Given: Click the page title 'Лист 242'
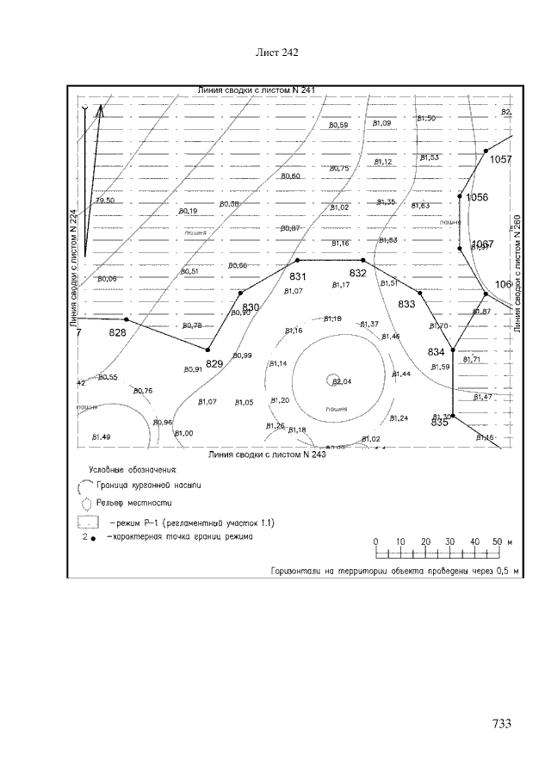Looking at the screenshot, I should click(x=277, y=53).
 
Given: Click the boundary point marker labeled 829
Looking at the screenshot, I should click(x=208, y=349).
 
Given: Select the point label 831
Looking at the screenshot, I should click(x=298, y=276).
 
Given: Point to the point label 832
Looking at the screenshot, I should click(x=358, y=273).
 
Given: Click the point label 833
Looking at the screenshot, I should click(x=406, y=304).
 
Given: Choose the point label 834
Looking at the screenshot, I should click(x=436, y=352).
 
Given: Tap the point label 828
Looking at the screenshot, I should click(x=117, y=332).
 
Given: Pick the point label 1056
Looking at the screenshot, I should click(x=477, y=198).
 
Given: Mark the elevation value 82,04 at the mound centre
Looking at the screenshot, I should click(x=342, y=381).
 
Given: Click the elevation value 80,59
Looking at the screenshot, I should click(x=338, y=126).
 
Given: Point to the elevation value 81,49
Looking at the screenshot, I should click(x=101, y=438).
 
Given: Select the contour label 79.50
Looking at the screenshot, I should click(x=104, y=201).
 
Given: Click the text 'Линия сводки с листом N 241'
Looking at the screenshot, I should click(x=257, y=90).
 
